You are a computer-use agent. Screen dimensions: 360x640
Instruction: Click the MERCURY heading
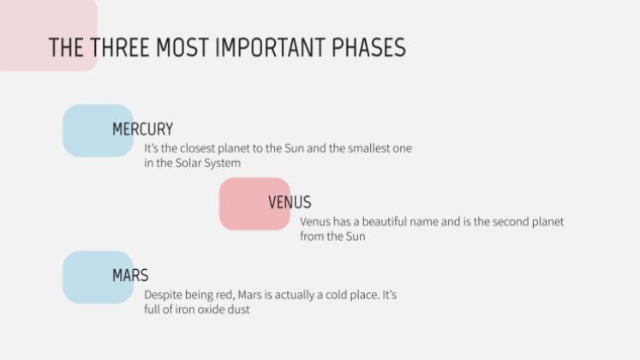pos(142,129)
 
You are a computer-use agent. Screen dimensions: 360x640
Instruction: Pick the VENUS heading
pos(290,203)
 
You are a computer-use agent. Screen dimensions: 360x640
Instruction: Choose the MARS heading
pos(130,276)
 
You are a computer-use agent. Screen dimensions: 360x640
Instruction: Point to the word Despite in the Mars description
pos(164,295)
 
